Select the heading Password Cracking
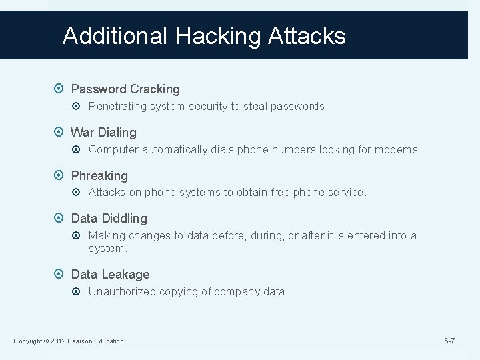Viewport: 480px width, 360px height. pos(125,89)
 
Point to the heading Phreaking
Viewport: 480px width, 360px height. pos(99,175)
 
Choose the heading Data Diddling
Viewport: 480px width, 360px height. pos(109,218)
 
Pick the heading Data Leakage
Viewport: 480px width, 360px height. pos(110,274)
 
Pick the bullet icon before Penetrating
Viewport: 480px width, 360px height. pos(80,106)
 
